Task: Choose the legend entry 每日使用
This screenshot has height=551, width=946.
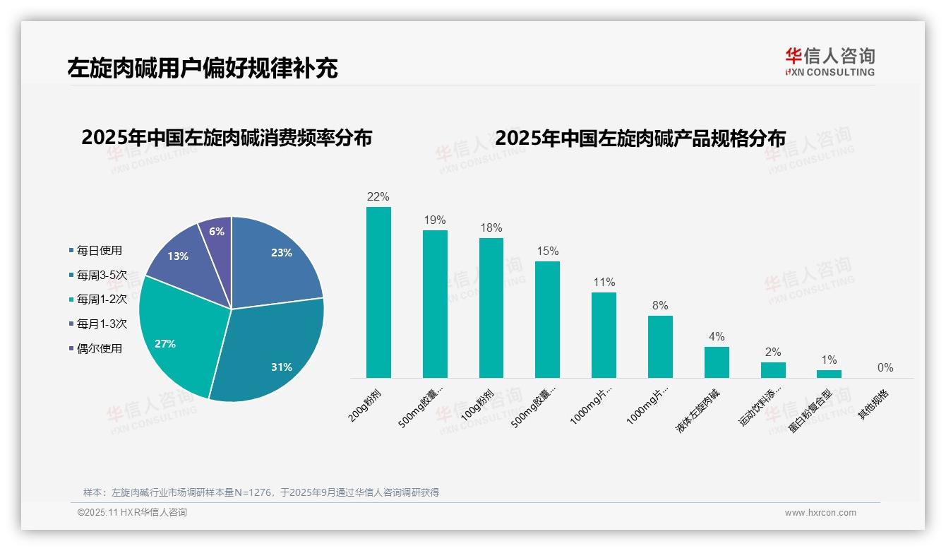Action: point(99,250)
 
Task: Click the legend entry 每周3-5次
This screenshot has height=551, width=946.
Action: point(102,275)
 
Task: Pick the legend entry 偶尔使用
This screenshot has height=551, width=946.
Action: point(99,348)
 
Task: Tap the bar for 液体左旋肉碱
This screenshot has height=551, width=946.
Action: point(717,362)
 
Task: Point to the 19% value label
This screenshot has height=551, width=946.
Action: point(435,220)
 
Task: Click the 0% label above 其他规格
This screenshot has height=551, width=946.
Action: point(885,367)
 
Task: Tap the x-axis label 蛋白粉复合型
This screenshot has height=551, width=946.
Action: point(810,411)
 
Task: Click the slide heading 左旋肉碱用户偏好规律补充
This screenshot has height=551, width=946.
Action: point(203,68)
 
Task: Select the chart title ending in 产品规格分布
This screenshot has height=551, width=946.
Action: point(640,138)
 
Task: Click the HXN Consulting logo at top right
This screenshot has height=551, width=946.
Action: point(830,61)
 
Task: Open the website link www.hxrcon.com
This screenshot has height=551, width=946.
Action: point(820,513)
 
